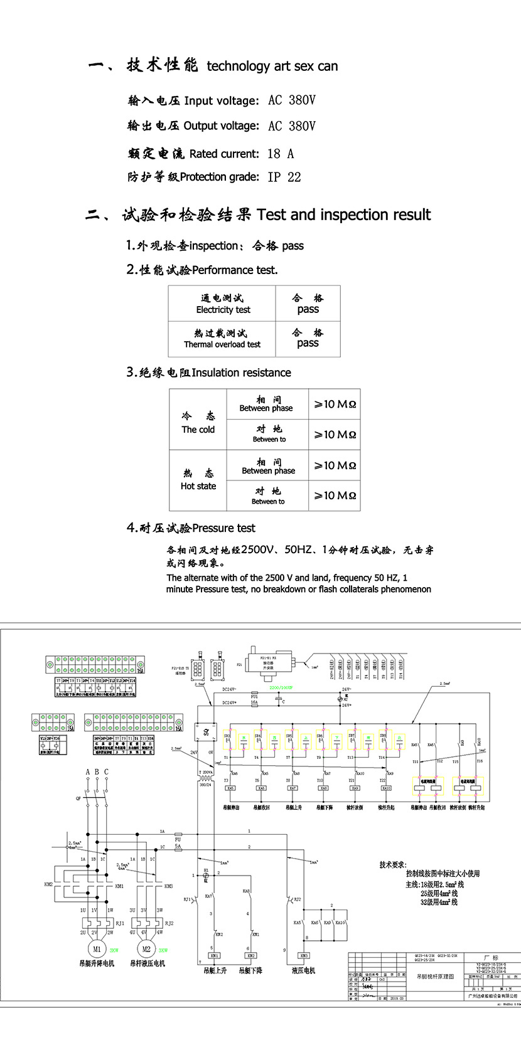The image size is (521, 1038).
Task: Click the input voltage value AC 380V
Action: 291,100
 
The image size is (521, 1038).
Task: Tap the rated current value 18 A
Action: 281,154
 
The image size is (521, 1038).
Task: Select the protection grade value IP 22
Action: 284,177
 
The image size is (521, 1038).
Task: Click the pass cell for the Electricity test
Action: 308,304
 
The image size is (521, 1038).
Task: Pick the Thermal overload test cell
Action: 222,339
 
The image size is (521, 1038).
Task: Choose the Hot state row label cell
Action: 198,480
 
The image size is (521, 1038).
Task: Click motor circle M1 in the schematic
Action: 97,950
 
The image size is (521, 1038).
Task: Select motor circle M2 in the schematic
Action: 146,950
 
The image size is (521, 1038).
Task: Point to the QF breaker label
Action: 78,799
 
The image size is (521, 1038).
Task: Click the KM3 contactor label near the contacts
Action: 168,886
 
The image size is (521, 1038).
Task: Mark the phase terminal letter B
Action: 97,772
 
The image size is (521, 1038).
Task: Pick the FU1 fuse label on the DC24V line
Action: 254,696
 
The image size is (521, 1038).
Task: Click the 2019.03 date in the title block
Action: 397,998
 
